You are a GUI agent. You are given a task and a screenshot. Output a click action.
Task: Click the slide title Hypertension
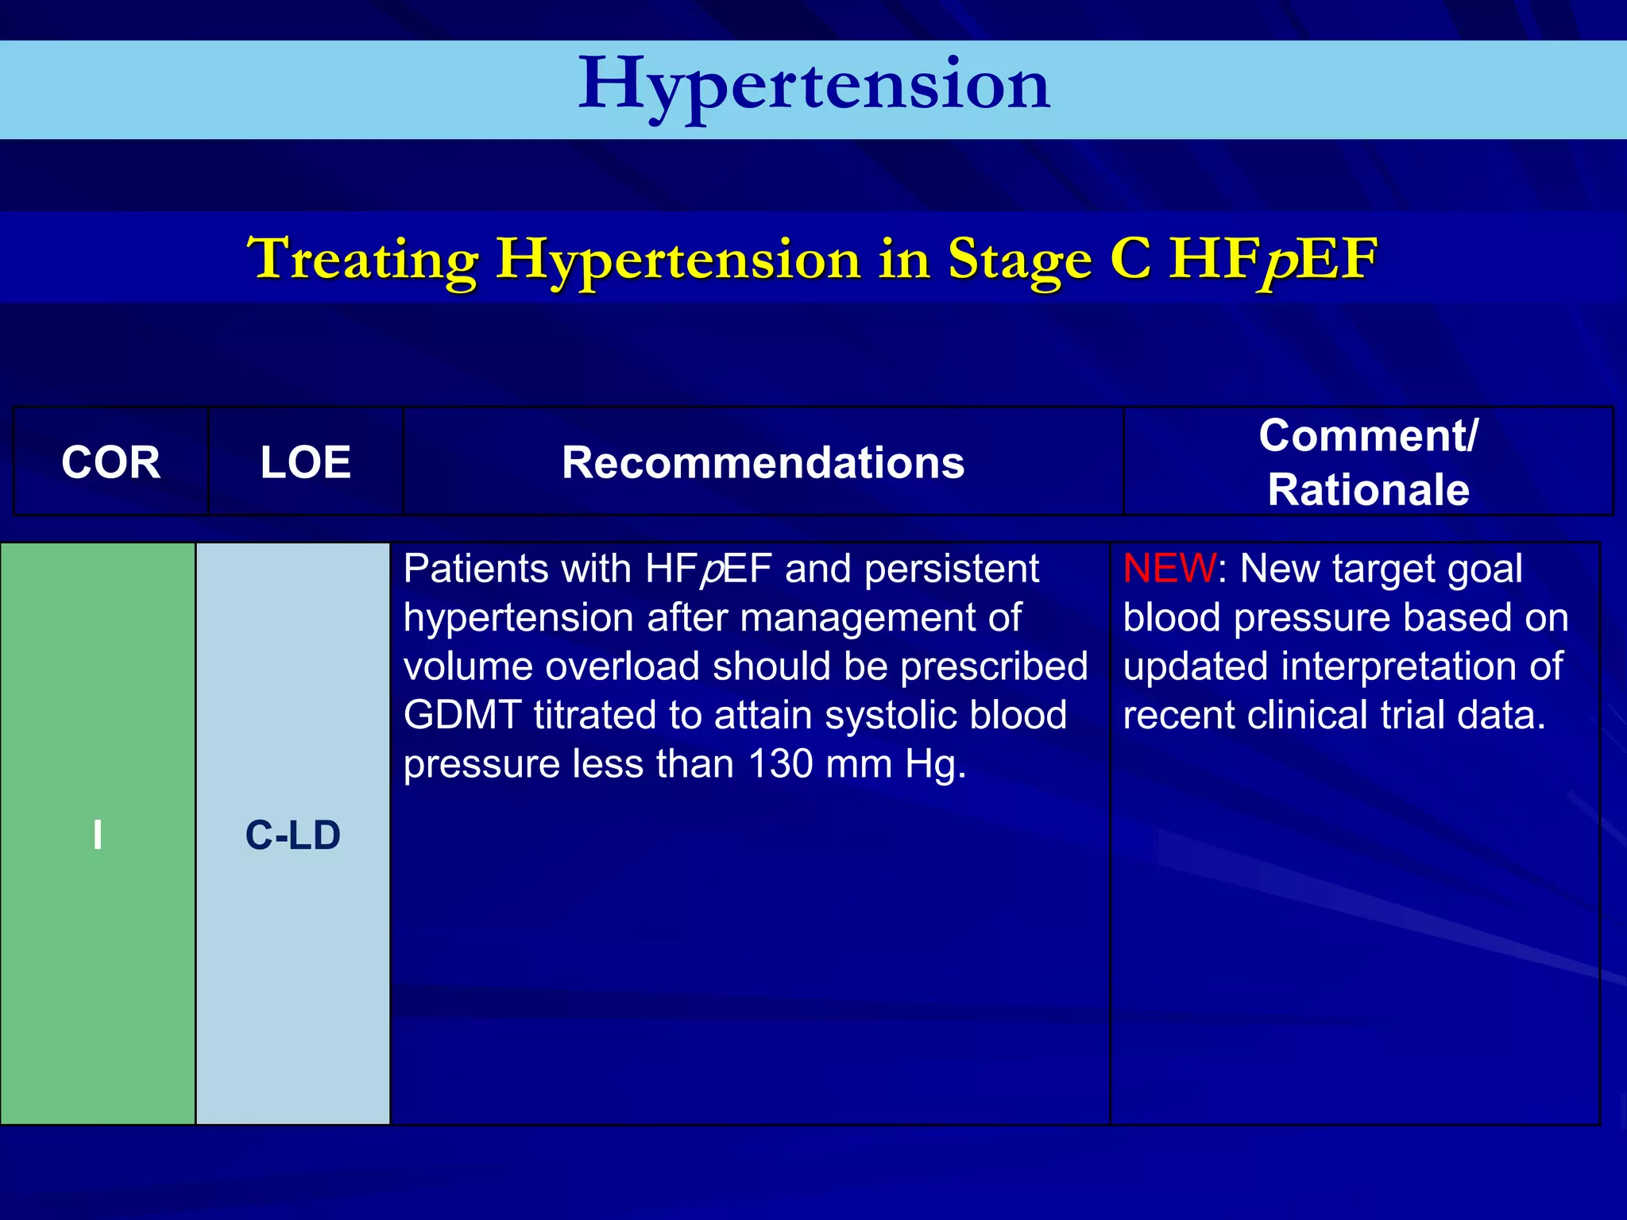pyautogui.click(x=813, y=86)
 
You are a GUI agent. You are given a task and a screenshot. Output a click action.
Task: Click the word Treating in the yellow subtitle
pyautogui.click(x=362, y=259)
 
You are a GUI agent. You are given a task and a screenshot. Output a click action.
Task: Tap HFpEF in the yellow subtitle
pyautogui.click(x=1273, y=259)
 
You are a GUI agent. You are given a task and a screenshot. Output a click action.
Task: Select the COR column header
pyautogui.click(x=110, y=462)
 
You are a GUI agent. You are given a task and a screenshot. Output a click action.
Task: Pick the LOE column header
pyautogui.click(x=306, y=462)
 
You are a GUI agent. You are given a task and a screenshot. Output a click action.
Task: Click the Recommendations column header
pyautogui.click(x=763, y=462)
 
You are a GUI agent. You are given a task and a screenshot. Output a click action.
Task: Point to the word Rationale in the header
pyautogui.click(x=1368, y=489)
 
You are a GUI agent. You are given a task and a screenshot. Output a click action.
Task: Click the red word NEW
pyautogui.click(x=1169, y=569)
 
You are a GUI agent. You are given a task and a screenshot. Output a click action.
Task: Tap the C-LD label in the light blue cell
pyautogui.click(x=292, y=835)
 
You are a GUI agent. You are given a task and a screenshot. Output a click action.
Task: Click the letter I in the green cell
pyautogui.click(x=98, y=835)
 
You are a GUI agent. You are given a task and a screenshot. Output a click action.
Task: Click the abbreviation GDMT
pyautogui.click(x=462, y=715)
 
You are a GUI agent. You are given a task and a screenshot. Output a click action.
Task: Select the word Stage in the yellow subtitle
pyautogui.click(x=1019, y=259)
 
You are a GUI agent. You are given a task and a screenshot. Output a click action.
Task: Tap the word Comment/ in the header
pyautogui.click(x=1368, y=435)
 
